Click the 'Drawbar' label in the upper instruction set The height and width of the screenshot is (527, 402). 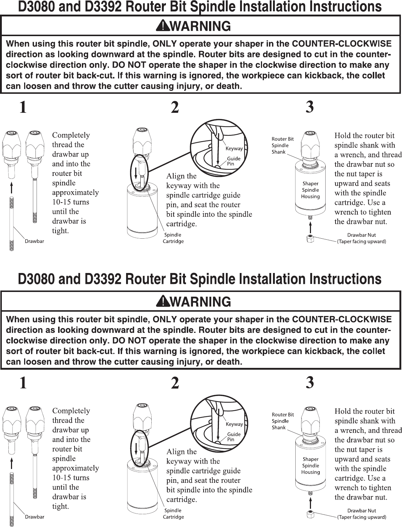(34, 241)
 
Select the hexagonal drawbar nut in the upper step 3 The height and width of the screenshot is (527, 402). (310, 239)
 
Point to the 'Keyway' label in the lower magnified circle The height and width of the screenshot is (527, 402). (234, 424)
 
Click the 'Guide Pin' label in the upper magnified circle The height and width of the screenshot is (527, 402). (234, 161)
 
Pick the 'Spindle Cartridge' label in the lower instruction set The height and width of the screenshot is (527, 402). (173, 513)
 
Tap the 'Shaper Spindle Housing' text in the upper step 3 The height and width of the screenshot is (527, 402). (310, 190)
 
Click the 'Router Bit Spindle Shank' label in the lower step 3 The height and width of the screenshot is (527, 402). (282, 421)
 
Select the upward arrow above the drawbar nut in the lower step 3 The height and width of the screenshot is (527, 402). (310, 503)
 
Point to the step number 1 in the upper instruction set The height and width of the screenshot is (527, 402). (23, 107)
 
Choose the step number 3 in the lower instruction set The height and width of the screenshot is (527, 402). (310, 383)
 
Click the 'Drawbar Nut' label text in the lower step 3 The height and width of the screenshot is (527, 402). (361, 511)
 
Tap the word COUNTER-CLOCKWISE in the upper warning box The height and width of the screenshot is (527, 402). (341, 44)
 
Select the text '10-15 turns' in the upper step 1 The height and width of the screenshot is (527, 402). (71, 202)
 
